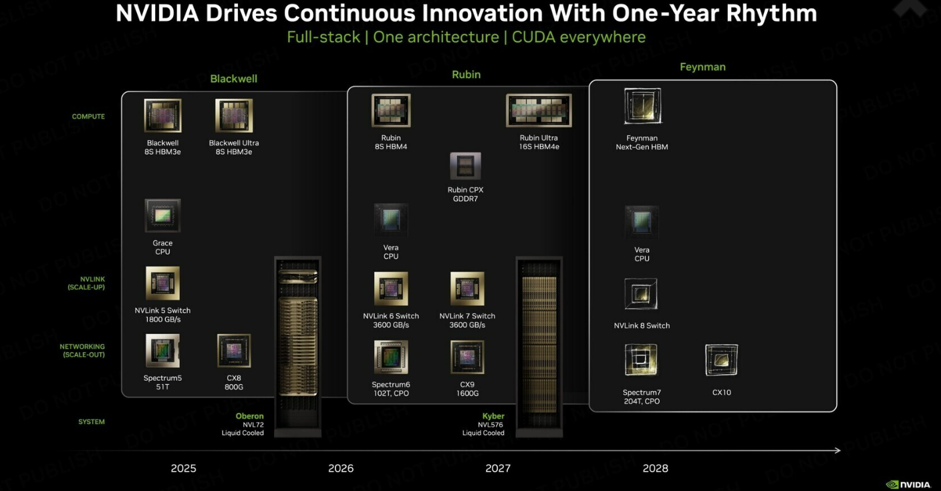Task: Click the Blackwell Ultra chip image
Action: tap(234, 116)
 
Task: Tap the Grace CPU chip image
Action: tap(162, 216)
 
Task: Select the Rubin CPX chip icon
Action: tap(465, 166)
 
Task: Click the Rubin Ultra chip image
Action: tap(539, 110)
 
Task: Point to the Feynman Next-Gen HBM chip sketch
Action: tap(642, 106)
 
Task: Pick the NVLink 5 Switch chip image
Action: tap(162, 283)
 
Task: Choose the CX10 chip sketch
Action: tap(721, 360)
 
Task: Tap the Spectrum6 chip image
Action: tap(391, 357)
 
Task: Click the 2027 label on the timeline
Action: tap(498, 468)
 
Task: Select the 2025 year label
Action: tap(184, 468)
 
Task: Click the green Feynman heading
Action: tap(703, 67)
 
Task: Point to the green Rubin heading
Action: tap(466, 74)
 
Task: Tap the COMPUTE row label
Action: tap(88, 116)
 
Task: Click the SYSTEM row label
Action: tap(92, 422)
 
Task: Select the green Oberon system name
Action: tap(249, 416)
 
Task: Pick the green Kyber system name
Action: tap(493, 416)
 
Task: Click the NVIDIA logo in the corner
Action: tap(908, 485)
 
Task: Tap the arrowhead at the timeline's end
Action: tap(837, 450)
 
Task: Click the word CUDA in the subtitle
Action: tap(533, 37)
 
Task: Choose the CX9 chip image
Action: tap(467, 357)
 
